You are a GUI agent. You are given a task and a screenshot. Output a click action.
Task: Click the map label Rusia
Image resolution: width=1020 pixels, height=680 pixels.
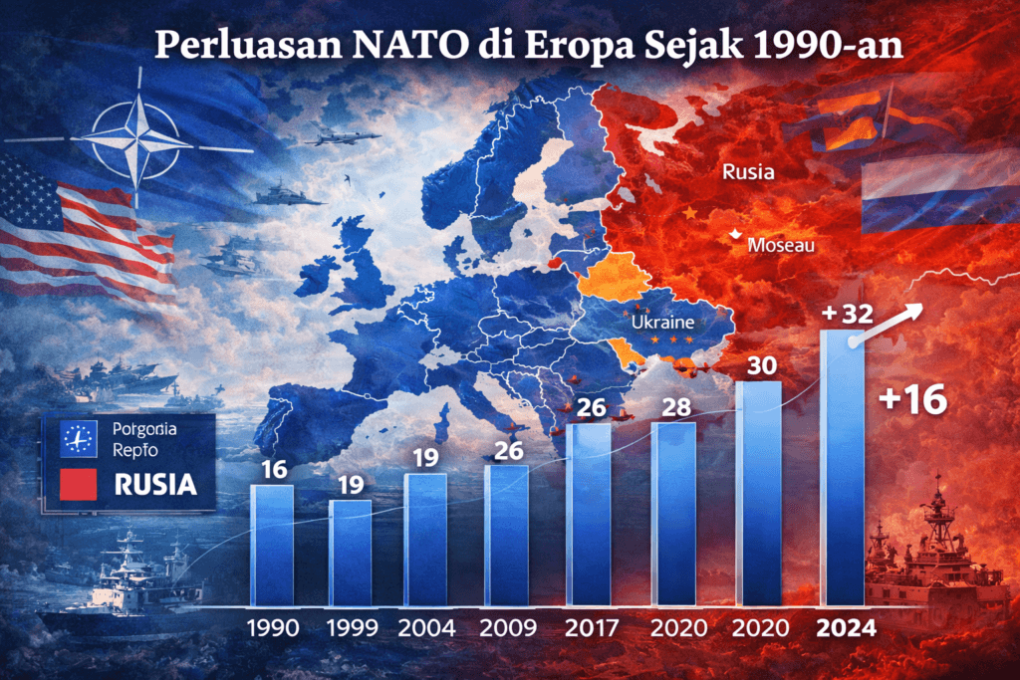coord(748,171)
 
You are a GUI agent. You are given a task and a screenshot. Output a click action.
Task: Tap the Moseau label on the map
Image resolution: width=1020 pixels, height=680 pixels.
coord(781,244)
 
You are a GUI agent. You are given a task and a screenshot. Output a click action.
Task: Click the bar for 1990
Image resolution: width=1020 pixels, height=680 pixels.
coord(272,545)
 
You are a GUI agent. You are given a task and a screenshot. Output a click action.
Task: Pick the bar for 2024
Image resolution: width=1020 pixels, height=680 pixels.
coord(843,468)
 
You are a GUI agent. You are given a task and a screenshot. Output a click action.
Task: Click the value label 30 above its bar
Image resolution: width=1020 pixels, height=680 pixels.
coord(762,365)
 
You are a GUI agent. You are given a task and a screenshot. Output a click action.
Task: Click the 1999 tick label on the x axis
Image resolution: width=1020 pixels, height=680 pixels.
coord(351,628)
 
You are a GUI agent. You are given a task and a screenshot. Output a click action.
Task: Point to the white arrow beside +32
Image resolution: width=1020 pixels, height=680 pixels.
coord(890,323)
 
